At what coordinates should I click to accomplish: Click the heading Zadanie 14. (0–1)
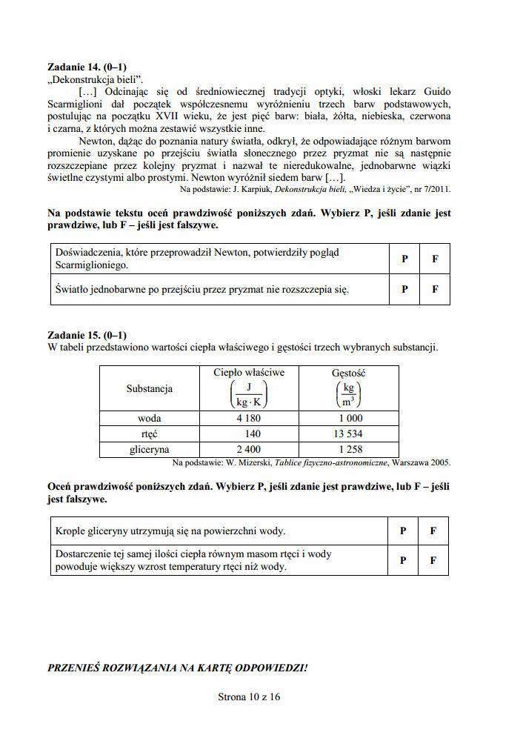tap(87, 67)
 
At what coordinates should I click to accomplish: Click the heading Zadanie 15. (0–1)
tap(87, 335)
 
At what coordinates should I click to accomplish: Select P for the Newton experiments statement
tap(404, 259)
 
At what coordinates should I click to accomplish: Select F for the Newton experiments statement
tap(435, 259)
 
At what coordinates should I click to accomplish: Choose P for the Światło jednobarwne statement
tap(404, 290)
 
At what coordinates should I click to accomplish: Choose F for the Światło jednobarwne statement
tap(435, 290)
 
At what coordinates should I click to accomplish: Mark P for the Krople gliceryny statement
tap(403, 531)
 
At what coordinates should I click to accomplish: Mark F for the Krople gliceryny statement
tap(433, 531)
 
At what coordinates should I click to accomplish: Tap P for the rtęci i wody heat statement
tap(403, 560)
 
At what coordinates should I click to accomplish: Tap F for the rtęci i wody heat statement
tap(433, 560)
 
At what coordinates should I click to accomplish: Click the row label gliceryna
tap(150, 449)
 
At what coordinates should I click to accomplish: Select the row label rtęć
tap(150, 433)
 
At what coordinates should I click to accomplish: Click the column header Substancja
tap(150, 388)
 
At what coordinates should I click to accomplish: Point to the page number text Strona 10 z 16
tap(250, 697)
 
